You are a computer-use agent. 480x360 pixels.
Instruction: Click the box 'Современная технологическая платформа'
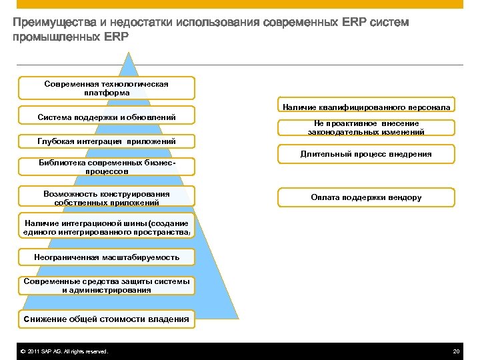click(x=107, y=88)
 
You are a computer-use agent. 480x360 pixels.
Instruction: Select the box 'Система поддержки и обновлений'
click(x=107, y=117)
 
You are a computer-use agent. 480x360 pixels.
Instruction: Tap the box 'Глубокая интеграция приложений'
click(x=107, y=141)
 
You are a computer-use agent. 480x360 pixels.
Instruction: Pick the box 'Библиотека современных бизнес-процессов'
click(x=107, y=167)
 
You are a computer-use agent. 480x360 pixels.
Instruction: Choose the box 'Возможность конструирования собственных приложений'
click(x=107, y=198)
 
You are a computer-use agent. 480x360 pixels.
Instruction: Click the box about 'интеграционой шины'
click(x=107, y=227)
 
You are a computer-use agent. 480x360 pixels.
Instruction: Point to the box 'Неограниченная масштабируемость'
click(x=107, y=257)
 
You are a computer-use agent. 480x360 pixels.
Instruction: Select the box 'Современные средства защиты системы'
click(x=107, y=285)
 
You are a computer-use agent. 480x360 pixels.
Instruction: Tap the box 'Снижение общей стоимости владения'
click(x=107, y=319)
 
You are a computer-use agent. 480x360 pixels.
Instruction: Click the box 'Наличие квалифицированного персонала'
click(x=366, y=107)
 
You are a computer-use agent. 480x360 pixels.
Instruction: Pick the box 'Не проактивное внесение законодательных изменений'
click(x=366, y=127)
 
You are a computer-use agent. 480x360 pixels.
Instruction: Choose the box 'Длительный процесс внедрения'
click(x=366, y=154)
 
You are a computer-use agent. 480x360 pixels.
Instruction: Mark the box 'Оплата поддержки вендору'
click(x=366, y=197)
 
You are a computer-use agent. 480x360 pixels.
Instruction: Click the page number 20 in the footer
click(x=456, y=351)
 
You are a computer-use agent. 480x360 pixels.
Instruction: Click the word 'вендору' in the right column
click(x=404, y=197)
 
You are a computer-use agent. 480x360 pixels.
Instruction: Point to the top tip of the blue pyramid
click(x=130, y=53)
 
